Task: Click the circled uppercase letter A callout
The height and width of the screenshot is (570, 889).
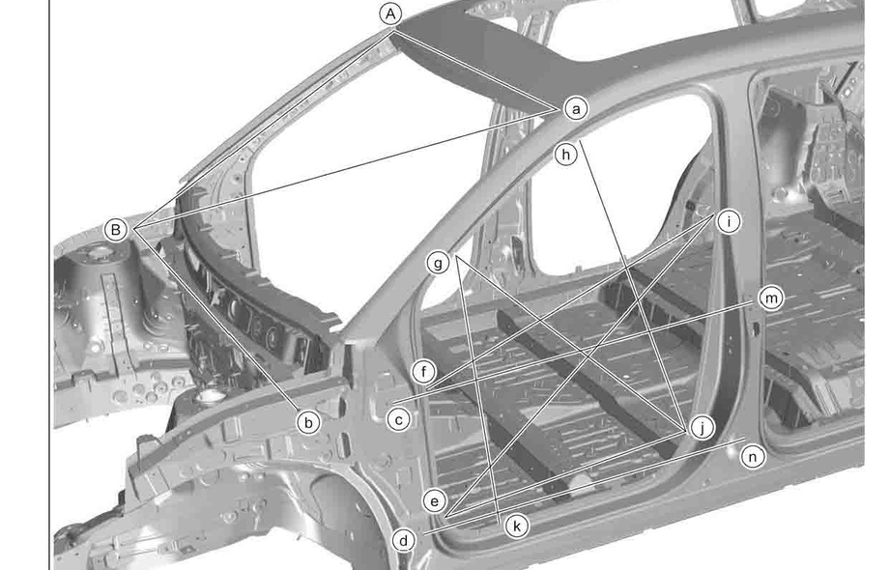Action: click(x=389, y=14)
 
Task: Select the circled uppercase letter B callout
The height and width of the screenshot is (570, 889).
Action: click(x=116, y=230)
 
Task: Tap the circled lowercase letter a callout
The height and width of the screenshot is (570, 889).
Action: click(x=576, y=109)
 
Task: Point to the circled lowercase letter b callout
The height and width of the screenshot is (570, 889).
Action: click(x=307, y=421)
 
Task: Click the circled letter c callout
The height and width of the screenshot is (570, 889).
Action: click(x=397, y=419)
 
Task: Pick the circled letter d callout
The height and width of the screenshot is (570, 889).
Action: click(x=405, y=541)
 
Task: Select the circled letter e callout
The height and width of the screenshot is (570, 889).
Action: click(x=435, y=500)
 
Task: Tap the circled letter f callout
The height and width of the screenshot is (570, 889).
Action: click(x=422, y=371)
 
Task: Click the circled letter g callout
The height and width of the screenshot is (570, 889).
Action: click(x=439, y=263)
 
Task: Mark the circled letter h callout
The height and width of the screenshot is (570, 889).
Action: click(x=566, y=153)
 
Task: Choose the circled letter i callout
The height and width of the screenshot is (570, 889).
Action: click(x=728, y=221)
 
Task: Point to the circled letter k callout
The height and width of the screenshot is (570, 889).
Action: click(x=518, y=526)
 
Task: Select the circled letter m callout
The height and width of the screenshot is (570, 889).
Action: click(x=770, y=299)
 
